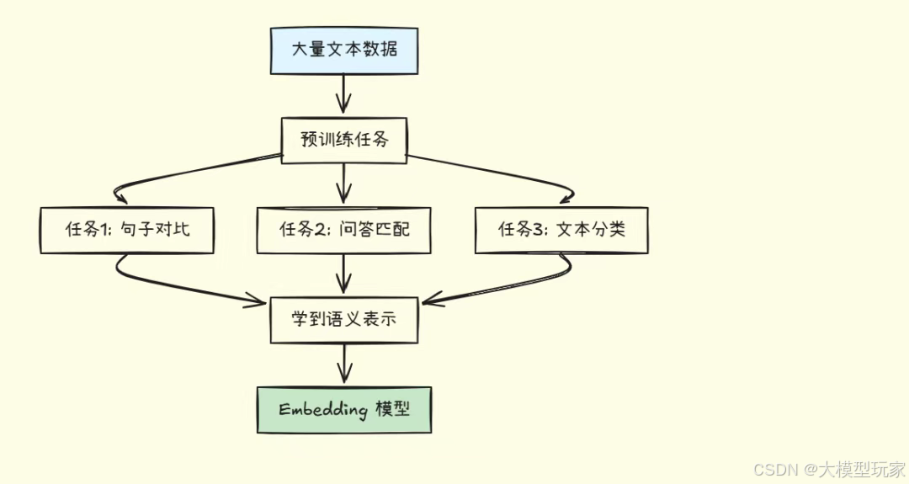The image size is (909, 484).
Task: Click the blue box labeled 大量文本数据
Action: pos(343,50)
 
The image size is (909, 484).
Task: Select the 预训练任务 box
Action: pos(343,140)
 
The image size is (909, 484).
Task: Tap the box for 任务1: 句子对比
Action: pos(126,229)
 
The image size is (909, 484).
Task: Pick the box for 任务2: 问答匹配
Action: pos(343,229)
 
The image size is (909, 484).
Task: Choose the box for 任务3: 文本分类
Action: pos(561,229)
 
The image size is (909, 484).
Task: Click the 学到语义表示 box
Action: pos(343,320)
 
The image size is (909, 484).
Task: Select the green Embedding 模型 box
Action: pos(343,410)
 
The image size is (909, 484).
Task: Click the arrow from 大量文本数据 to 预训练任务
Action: pos(343,94)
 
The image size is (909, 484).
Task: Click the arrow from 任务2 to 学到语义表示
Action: pos(343,274)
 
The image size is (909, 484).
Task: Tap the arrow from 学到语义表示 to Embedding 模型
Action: pos(343,364)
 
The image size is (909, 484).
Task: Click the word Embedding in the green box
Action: pos(323,410)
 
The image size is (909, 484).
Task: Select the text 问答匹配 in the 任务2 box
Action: pos(375,229)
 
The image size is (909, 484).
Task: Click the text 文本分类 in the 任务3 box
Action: pos(592,229)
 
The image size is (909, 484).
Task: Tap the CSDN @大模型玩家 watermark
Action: pos(828,469)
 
